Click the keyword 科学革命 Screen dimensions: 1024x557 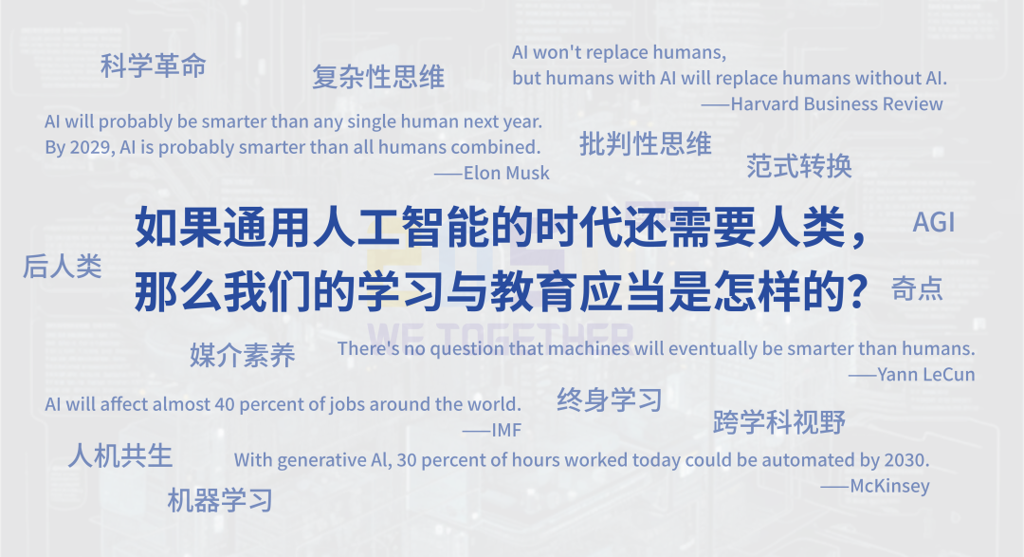[x=154, y=66]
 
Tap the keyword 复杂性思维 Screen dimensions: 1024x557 [x=378, y=77]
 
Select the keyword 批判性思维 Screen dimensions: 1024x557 [x=646, y=144]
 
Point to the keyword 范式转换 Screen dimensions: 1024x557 [x=799, y=166]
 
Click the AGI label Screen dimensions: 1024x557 [x=934, y=222]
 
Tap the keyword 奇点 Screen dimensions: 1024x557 [x=917, y=288]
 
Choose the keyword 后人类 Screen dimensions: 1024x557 [x=63, y=266]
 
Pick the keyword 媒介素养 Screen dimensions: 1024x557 [x=243, y=356]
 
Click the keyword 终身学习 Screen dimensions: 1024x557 [x=610, y=399]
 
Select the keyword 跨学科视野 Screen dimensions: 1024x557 [x=779, y=422]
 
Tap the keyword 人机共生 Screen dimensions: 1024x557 [x=120, y=455]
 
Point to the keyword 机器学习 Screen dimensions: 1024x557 [x=220, y=501]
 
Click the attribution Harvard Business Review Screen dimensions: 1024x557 [x=836, y=104]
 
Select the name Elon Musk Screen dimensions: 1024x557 [x=506, y=173]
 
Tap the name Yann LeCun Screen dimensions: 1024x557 [x=926, y=375]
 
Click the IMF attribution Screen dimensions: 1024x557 [x=506, y=430]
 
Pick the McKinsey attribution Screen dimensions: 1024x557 [x=889, y=487]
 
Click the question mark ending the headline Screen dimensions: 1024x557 [x=856, y=291]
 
